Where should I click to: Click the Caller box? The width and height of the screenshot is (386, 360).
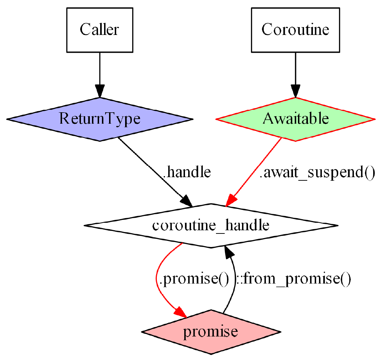pos(99,30)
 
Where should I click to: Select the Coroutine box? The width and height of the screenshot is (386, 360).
pos(295,30)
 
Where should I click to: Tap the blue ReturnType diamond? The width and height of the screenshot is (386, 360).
pos(99,119)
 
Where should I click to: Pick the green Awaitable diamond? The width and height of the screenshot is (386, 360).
pos(295,119)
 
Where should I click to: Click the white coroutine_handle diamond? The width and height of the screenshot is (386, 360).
pos(211,226)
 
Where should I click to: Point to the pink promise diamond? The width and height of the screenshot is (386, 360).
pos(211,332)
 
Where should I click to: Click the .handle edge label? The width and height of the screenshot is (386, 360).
pos(187,173)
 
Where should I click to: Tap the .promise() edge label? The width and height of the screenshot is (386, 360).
pos(194,279)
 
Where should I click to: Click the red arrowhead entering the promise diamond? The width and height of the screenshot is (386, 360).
pos(180,312)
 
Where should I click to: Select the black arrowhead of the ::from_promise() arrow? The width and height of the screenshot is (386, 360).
pos(229,253)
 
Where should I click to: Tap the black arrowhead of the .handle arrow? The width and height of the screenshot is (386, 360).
pos(187,201)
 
